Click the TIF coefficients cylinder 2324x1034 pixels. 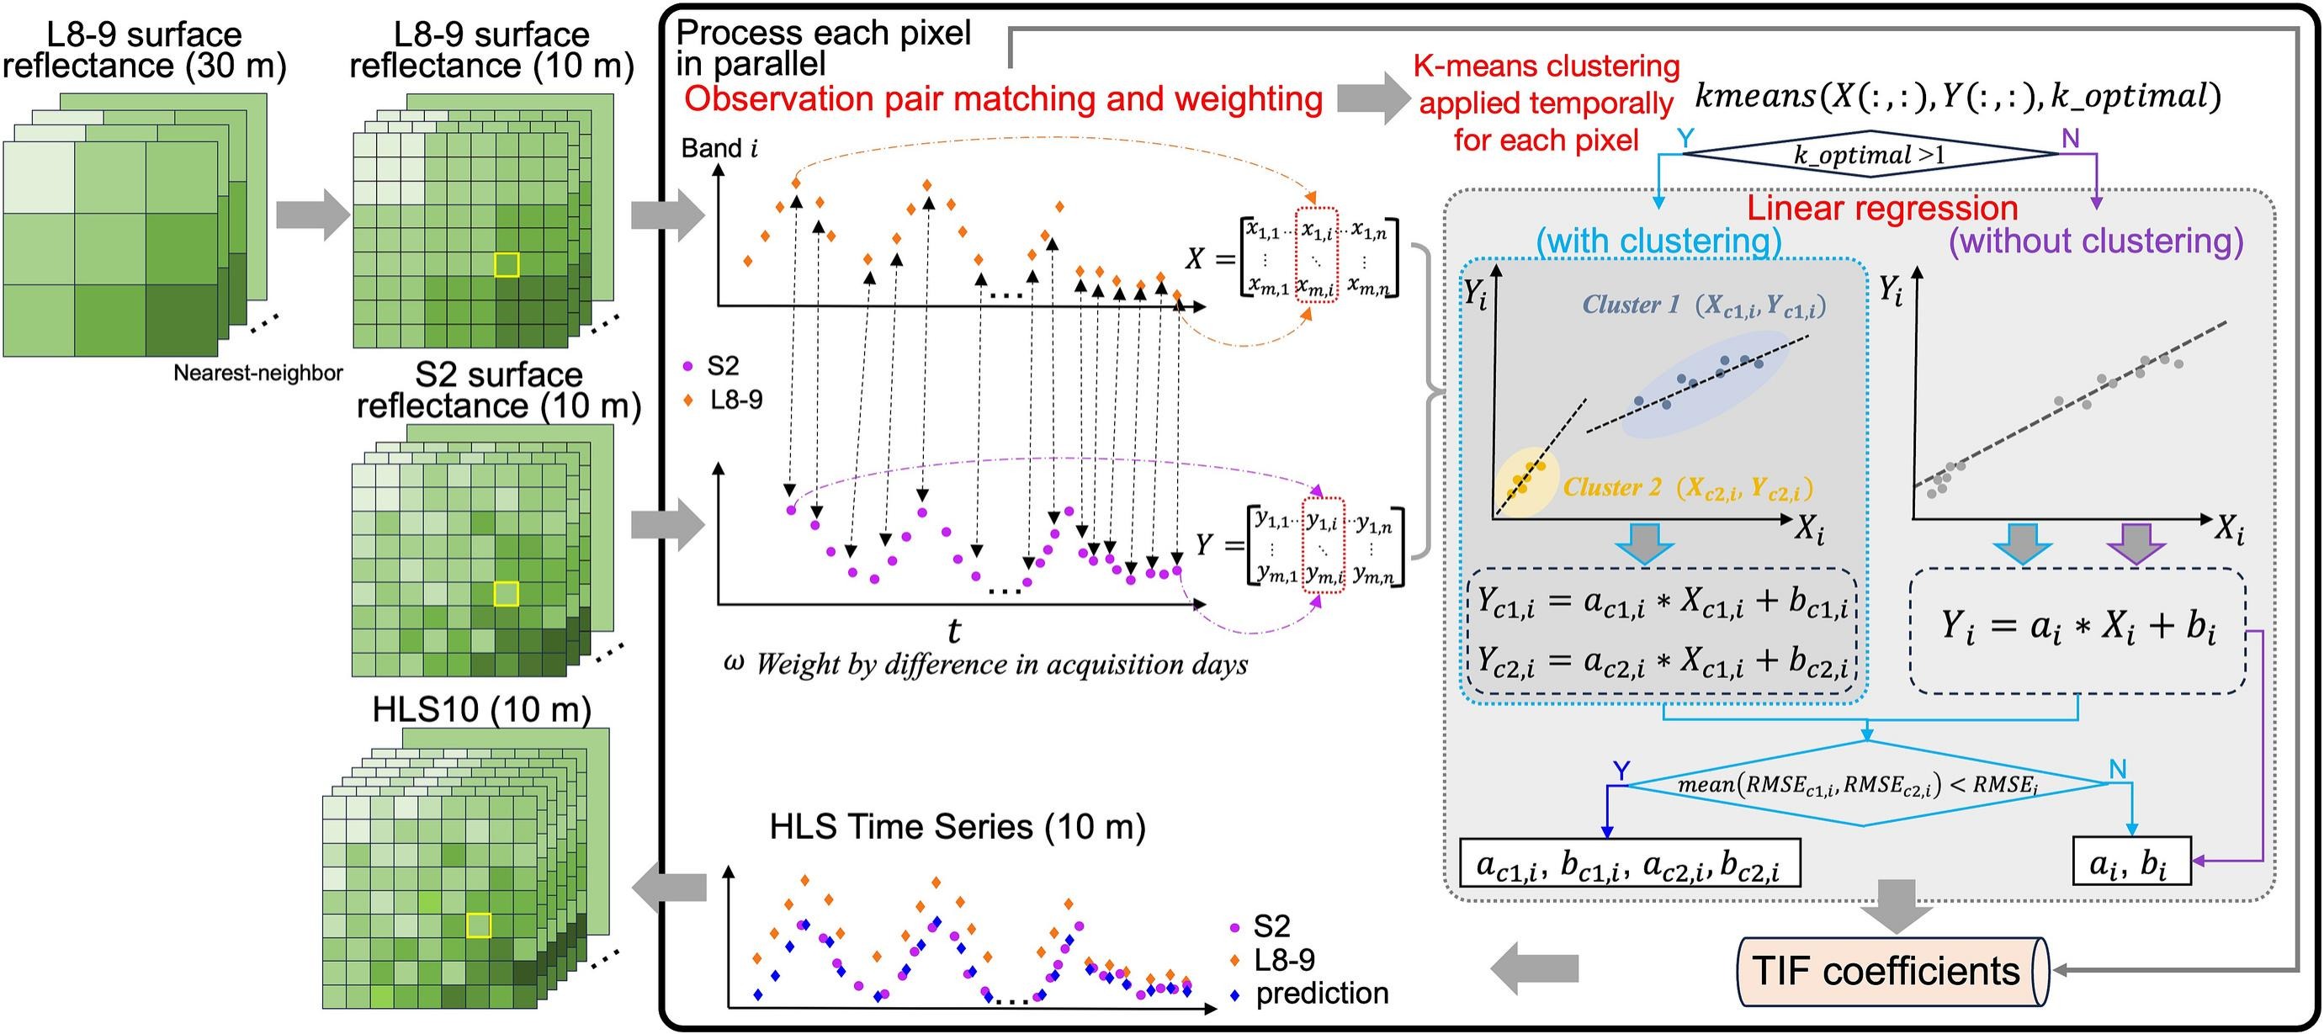[x=1890, y=972]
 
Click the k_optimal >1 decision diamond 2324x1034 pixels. [x=1870, y=154]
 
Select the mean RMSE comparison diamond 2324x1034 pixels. [x=1865, y=784]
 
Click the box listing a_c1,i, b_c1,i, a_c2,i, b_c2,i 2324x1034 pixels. [x=1628, y=864]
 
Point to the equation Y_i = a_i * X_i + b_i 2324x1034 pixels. [x=2077, y=628]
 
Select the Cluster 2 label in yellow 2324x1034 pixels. [x=1612, y=487]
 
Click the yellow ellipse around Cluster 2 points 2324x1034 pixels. [x=1525, y=479]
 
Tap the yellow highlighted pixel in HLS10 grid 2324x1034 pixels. [x=478, y=925]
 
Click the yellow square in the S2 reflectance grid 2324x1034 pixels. [x=507, y=594]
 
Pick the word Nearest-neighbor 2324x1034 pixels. [x=258, y=373]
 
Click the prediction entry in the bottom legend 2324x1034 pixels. [x=1321, y=994]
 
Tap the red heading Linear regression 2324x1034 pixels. [x=1882, y=209]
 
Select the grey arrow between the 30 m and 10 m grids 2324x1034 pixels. [x=311, y=215]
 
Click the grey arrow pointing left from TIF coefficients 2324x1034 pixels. [x=1535, y=969]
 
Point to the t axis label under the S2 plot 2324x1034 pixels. [x=952, y=630]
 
